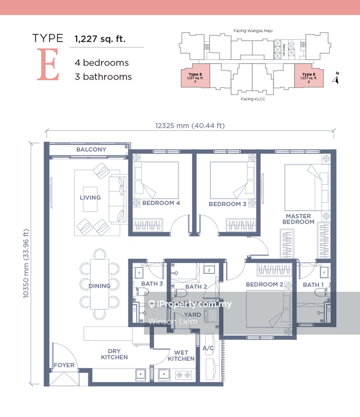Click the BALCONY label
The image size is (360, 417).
pyautogui.click(x=91, y=150)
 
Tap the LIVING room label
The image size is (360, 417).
pyautogui.click(x=90, y=198)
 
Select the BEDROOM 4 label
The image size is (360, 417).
pyautogui.click(x=161, y=203)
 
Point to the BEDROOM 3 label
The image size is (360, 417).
pyautogui.click(x=227, y=204)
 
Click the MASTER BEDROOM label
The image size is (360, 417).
pyautogui.click(x=298, y=219)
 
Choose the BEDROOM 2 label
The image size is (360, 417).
pyautogui.click(x=265, y=285)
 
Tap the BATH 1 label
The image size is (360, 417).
pyautogui.click(x=314, y=285)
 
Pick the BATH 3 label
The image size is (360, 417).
pyautogui.click(x=152, y=284)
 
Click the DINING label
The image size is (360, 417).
pyautogui.click(x=99, y=286)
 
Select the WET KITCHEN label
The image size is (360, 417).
pyautogui.click(x=182, y=355)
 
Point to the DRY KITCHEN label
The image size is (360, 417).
pyautogui.click(x=114, y=354)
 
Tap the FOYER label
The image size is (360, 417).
pyautogui.click(x=64, y=365)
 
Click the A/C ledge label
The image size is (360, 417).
pyautogui.click(x=208, y=348)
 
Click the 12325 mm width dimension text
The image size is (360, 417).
pyautogui.click(x=190, y=125)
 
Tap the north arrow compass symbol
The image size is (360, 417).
pyautogui.click(x=337, y=79)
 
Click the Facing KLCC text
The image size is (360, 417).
pyautogui.click(x=253, y=99)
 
